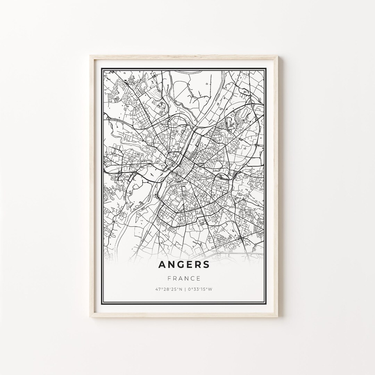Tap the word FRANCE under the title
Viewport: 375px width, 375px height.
(x=184, y=278)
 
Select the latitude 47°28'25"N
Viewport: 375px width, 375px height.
(x=169, y=289)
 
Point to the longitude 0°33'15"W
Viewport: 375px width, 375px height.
(x=200, y=289)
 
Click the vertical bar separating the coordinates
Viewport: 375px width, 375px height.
(x=185, y=289)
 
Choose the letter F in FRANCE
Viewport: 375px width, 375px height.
(x=169, y=278)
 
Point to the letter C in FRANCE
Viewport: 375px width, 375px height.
(x=193, y=278)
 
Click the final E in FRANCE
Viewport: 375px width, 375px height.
(x=199, y=278)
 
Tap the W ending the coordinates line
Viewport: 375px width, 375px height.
(x=211, y=289)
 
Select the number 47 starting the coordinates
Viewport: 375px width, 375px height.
(x=159, y=289)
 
